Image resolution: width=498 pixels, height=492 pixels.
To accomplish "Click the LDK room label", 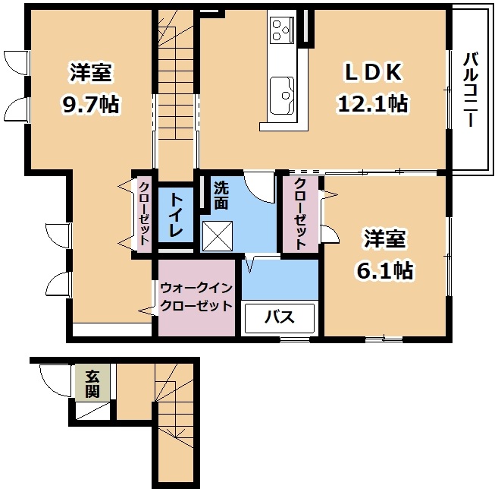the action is [373, 72].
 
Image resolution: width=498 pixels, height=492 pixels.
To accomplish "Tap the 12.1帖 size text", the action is [372, 104].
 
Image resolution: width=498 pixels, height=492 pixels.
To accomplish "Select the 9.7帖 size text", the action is [90, 104].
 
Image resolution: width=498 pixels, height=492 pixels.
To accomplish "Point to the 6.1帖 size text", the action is [384, 270].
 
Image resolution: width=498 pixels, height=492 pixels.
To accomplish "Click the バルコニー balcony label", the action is [471, 90].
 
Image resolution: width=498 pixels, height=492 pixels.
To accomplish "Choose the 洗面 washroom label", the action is [221, 195].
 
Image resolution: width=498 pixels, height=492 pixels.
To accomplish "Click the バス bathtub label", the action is [280, 317].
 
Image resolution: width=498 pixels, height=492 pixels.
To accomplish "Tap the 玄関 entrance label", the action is [92, 384].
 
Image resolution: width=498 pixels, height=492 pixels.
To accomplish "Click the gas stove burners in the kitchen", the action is [282, 30].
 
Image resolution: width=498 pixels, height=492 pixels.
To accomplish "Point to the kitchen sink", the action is [282, 96].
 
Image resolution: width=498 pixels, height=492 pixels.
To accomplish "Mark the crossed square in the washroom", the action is [218, 235].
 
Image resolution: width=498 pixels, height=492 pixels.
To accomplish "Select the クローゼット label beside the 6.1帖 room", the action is [300, 214].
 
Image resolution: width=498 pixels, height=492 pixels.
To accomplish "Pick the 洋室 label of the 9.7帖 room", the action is [90, 72].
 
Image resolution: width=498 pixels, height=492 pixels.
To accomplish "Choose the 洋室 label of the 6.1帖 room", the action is [384, 238].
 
